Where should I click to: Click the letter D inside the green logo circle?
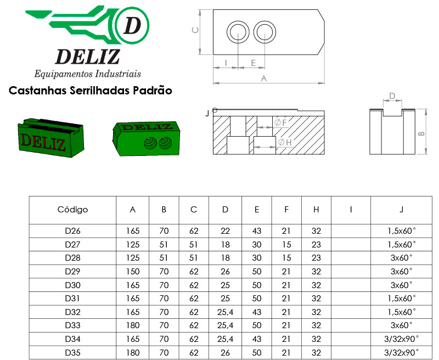point(132,25)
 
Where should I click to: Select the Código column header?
point(72,210)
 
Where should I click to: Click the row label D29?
point(72,272)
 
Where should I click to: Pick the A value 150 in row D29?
point(133,272)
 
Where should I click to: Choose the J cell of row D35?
point(401,352)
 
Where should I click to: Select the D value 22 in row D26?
point(225,231)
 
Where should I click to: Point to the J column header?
point(401,210)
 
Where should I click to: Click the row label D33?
point(72,325)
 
